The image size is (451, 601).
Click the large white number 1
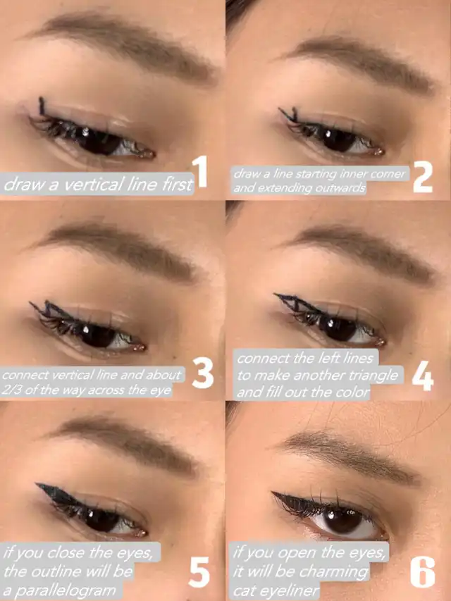point(201,172)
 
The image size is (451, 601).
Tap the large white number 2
point(423,177)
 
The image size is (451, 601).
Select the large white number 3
point(203,373)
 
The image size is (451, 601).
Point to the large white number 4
point(423,376)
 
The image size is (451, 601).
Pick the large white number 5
point(199,572)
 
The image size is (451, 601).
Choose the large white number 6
point(423,572)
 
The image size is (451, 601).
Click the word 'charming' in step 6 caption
point(333,572)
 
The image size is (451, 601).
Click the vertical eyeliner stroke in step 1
point(42,106)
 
